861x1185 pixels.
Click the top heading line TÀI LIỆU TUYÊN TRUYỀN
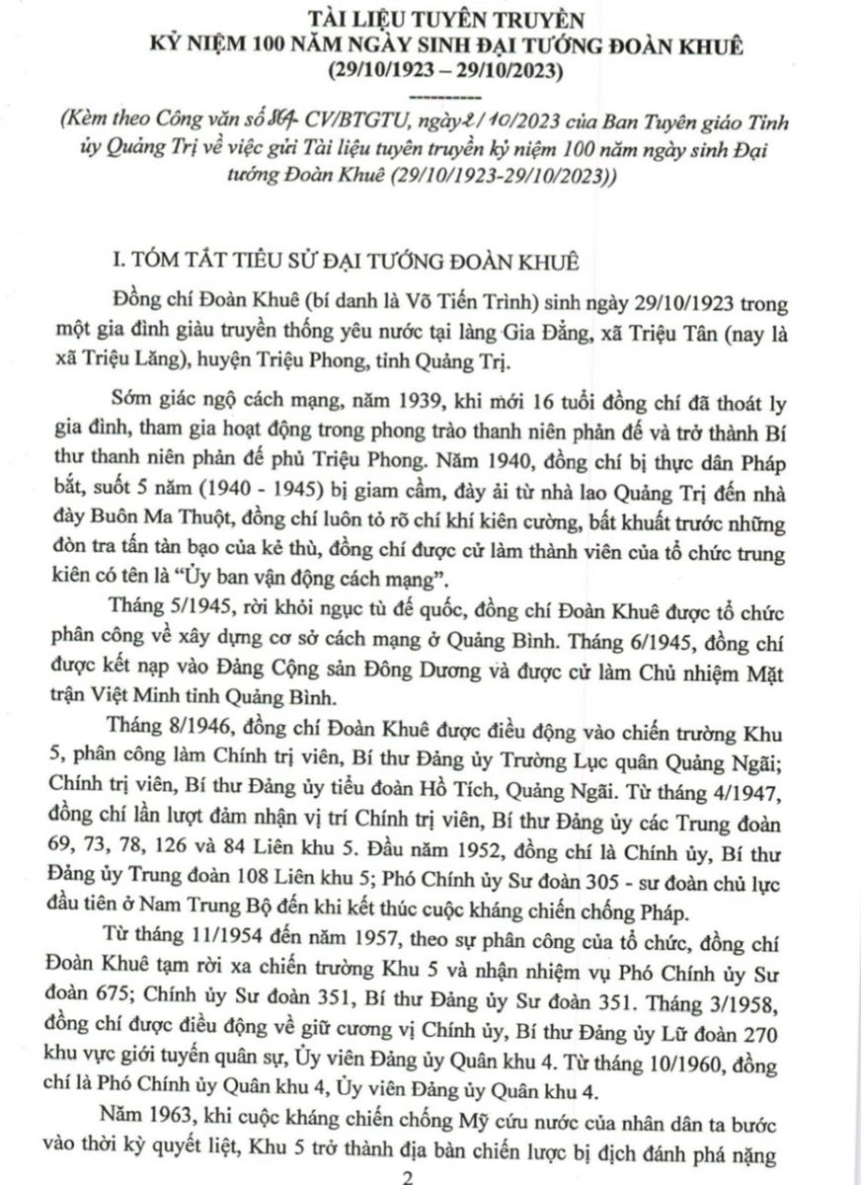click(x=432, y=18)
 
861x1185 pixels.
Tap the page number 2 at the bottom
click(x=428, y=1177)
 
